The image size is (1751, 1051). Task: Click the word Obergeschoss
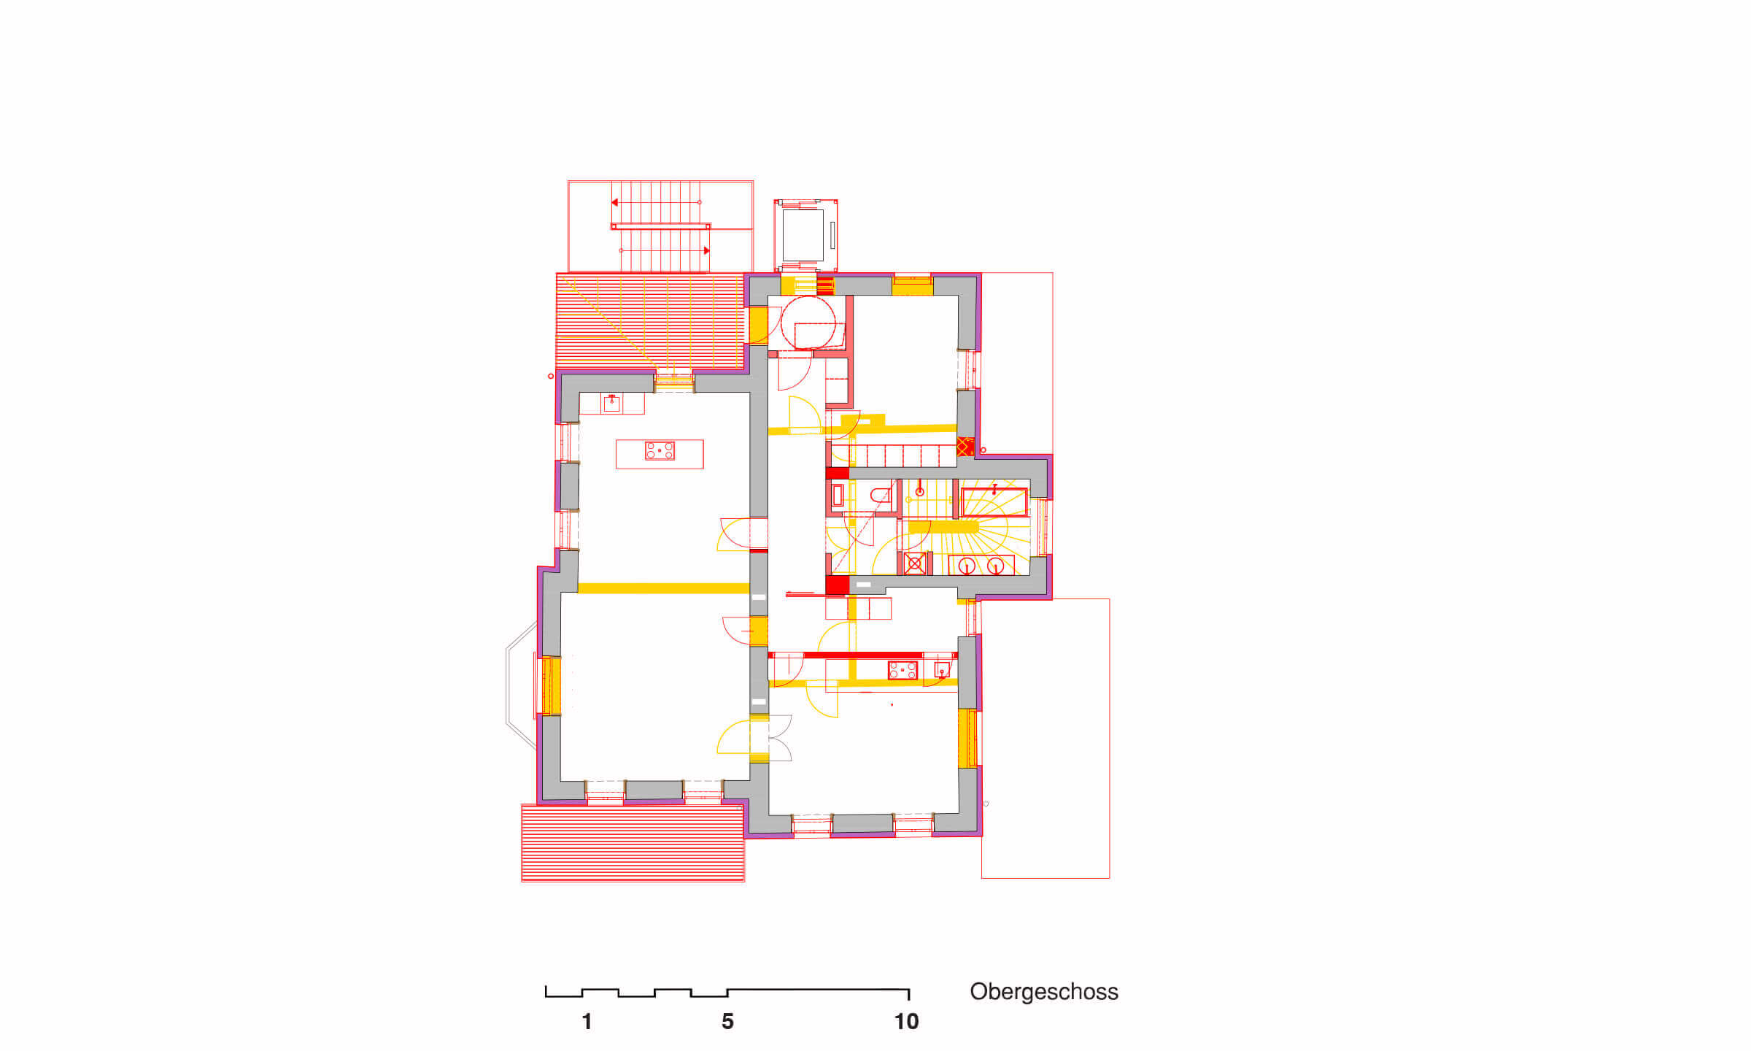coord(1043,992)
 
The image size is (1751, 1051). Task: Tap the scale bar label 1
coord(587,1022)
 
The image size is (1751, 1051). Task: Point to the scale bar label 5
coord(727,1022)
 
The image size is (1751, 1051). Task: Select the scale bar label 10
coord(906,1022)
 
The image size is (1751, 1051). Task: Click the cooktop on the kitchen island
coord(660,451)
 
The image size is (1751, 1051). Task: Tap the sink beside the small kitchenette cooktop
coord(942,669)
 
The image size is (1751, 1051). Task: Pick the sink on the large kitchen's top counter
coord(611,404)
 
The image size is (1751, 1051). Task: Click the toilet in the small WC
coord(881,495)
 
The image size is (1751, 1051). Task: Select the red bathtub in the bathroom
coord(994,503)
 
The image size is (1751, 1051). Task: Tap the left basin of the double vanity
coord(967,566)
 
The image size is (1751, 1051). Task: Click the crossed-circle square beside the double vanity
coord(915,563)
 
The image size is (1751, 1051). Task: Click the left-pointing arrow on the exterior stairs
coord(615,202)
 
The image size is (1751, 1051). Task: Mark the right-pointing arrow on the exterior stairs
coord(706,250)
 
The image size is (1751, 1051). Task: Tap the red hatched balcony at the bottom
coord(633,842)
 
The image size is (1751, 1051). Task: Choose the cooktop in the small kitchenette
coord(902,670)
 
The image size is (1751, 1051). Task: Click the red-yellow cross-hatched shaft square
coord(965,447)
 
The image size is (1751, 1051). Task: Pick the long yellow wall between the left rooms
coord(663,588)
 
